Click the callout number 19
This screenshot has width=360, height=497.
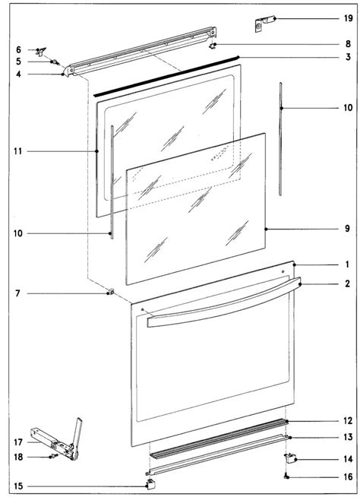tap(348, 18)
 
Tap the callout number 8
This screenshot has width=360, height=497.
tap(348, 44)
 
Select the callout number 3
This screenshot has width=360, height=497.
tap(348, 57)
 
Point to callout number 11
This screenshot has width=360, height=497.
tap(18, 151)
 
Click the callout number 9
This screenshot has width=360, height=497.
tap(348, 229)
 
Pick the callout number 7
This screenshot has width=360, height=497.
tap(17, 293)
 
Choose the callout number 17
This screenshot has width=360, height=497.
tap(18, 442)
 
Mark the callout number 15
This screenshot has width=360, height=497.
tap(18, 486)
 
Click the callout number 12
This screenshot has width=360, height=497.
tap(348, 420)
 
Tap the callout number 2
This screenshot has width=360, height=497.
tap(348, 283)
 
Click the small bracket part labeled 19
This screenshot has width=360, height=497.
tap(262, 24)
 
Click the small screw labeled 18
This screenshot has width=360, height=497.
tap(54, 457)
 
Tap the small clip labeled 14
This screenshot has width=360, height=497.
tap(290, 457)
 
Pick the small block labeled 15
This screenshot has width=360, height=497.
tap(150, 484)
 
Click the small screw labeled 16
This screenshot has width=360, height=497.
tap(287, 476)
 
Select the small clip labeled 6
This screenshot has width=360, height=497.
tap(41, 51)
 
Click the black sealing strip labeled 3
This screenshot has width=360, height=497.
tap(166, 75)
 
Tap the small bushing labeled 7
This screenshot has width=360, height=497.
tap(111, 292)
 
